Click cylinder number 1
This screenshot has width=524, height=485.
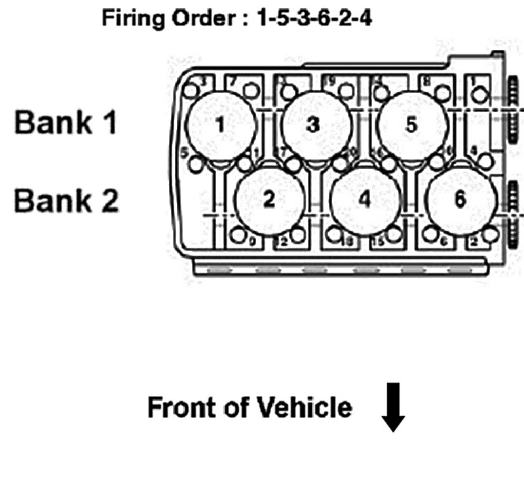tap(221, 125)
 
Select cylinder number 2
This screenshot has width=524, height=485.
tap(269, 201)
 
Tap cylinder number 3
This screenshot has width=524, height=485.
tap(316, 125)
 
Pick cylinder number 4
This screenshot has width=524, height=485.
tap(365, 201)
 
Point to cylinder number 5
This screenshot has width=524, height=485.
tap(411, 125)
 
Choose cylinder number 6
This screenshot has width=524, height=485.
tap(460, 201)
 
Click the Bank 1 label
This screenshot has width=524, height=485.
tap(65, 123)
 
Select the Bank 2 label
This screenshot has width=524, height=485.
tap(65, 200)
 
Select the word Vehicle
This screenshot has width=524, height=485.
tap(305, 408)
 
